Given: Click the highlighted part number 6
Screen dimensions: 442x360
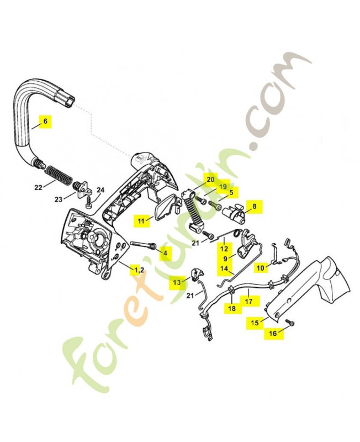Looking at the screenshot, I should (x=45, y=120).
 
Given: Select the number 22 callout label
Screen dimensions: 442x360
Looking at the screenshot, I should (x=38, y=187).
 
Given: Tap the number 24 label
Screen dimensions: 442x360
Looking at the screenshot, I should (x=100, y=190).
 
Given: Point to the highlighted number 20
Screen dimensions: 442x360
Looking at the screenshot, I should (x=210, y=179).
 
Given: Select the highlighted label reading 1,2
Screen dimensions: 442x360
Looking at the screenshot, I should (x=137, y=269).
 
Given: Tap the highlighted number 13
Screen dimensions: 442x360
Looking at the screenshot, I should (x=177, y=282).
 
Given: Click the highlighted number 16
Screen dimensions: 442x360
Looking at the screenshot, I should (x=273, y=333).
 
